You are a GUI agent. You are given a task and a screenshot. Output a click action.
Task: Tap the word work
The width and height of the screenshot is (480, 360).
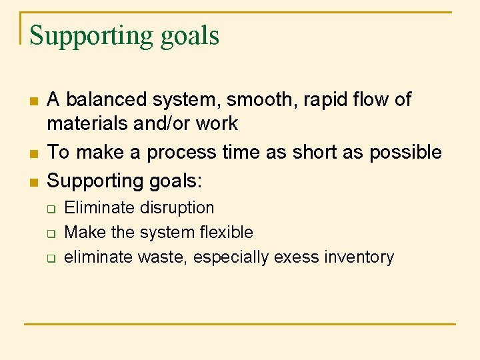tap(215, 123)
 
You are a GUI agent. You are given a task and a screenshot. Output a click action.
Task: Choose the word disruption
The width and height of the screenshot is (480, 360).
tap(177, 208)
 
